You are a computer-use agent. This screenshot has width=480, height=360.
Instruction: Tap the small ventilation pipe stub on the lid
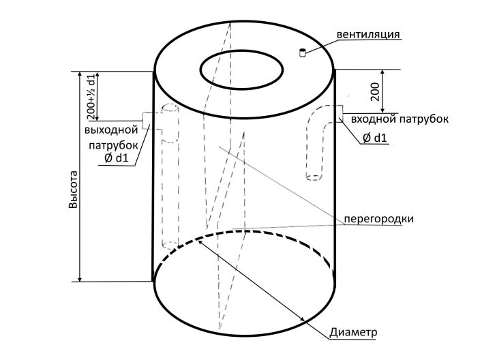(x=303, y=53)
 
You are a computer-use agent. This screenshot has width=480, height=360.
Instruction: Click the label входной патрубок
(x=399, y=119)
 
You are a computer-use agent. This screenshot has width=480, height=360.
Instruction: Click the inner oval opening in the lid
(x=242, y=69)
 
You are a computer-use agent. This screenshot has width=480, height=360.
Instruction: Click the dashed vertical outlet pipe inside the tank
(x=168, y=177)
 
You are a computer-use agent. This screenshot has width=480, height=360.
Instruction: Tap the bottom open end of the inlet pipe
(x=314, y=177)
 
